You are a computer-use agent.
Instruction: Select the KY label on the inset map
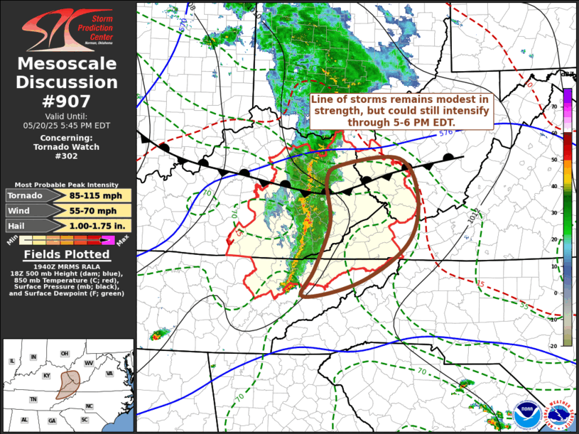click(x=47, y=376)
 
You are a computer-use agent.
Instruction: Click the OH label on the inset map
click(x=64, y=354)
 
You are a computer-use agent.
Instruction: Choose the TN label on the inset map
click(x=33, y=400)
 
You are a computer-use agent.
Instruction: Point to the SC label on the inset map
click(x=84, y=420)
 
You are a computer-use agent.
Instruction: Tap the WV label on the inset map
click(x=88, y=364)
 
